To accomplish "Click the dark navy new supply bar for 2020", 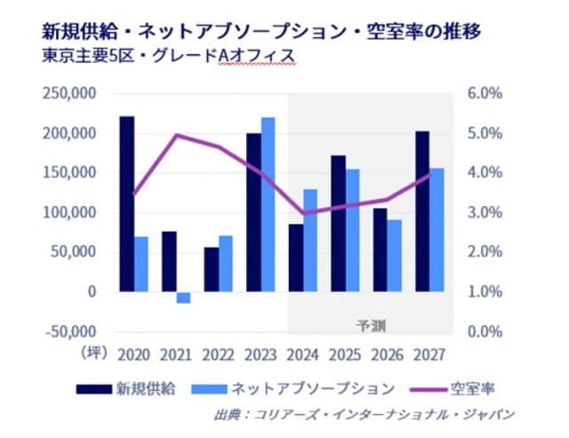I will pos(128,203).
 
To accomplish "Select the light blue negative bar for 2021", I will pos(183,298).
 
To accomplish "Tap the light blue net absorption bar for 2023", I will pos(268,204).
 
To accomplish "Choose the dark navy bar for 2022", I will pos(212,269).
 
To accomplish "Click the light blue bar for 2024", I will pos(310,240).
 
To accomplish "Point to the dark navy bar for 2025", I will pos(338,223).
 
